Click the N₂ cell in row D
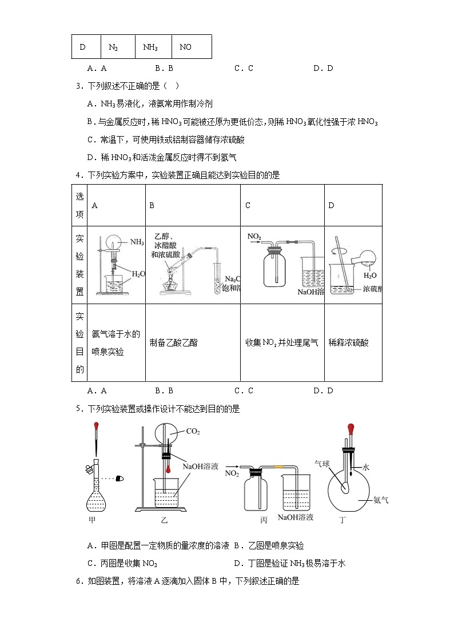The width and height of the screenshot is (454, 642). pyautogui.click(x=113, y=47)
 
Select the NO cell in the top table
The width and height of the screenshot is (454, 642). pyautogui.click(x=185, y=47)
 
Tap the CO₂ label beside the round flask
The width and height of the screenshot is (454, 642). pyautogui.click(x=193, y=432)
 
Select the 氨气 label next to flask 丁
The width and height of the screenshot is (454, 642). pyautogui.click(x=381, y=500)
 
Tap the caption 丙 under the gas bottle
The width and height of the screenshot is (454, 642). pyautogui.click(x=264, y=520)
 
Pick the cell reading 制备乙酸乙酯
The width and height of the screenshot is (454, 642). pyautogui.click(x=170, y=343)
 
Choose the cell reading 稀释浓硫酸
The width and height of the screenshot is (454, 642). pyautogui.click(x=348, y=343)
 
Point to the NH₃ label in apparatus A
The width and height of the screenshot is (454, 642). pyautogui.click(x=137, y=242)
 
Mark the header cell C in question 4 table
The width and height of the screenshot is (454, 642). pyautogui.click(x=248, y=205)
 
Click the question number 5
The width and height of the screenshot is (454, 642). pyautogui.click(x=78, y=409)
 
